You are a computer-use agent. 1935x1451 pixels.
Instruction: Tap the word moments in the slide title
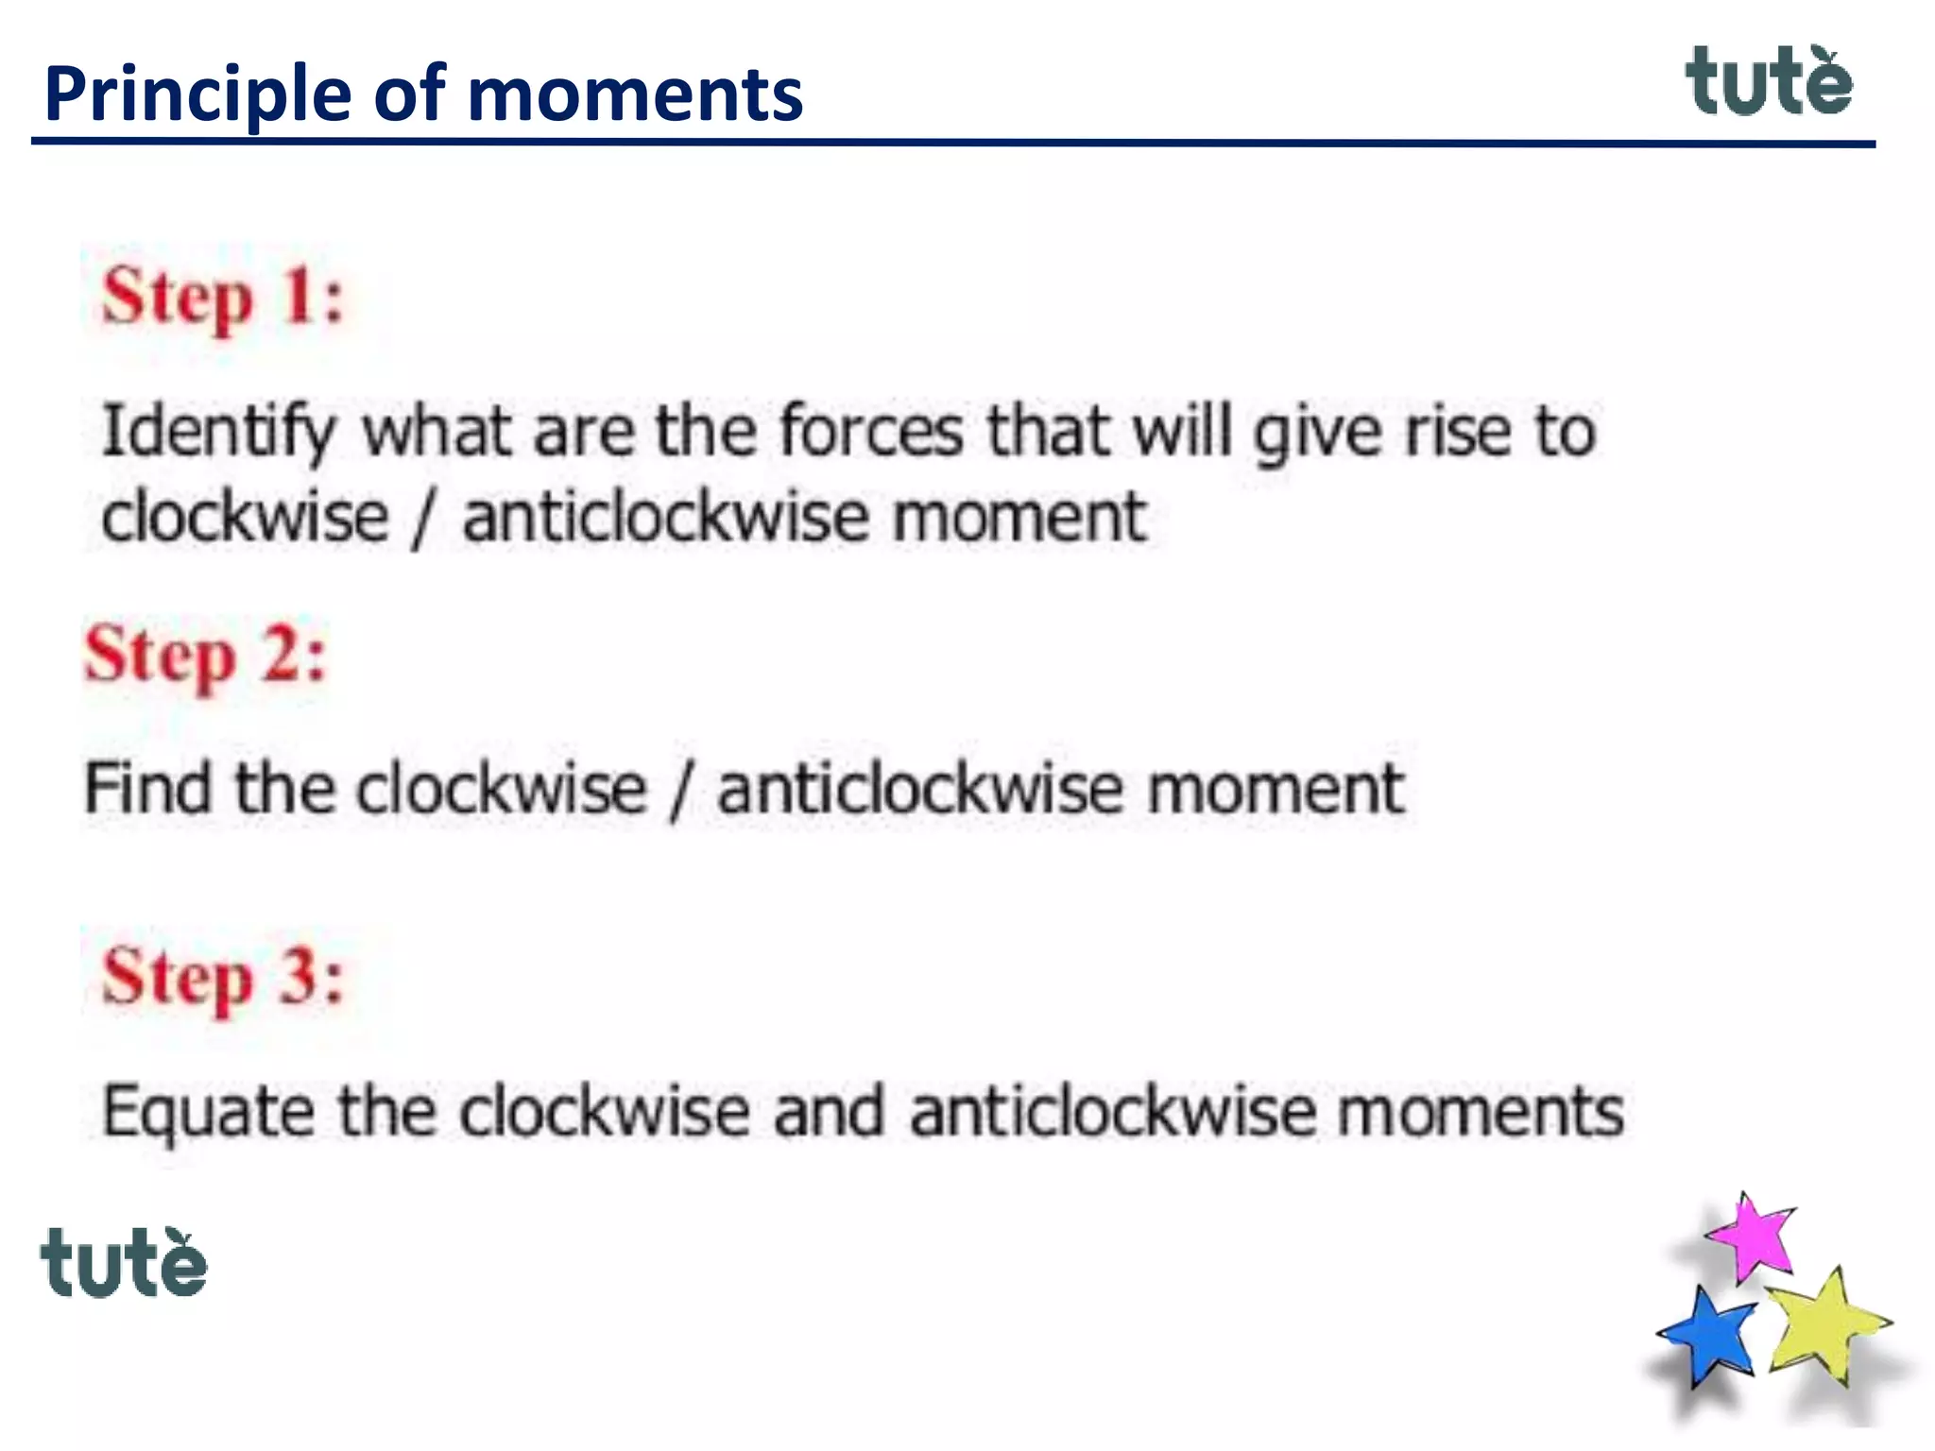tap(634, 96)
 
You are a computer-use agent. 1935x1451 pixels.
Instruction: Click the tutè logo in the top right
tap(1769, 82)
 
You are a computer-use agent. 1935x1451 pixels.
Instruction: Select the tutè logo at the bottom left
tap(124, 1263)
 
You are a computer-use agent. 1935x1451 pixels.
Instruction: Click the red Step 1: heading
tap(223, 297)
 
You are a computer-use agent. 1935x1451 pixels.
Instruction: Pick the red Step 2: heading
tap(205, 655)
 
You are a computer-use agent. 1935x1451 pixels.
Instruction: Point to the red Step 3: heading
tap(223, 977)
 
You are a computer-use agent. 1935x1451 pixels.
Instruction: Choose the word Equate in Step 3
tap(208, 1113)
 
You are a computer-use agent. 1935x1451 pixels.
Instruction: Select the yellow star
tap(1825, 1324)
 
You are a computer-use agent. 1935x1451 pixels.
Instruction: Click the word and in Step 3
tap(829, 1111)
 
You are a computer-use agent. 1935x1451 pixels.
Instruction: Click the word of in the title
tap(409, 94)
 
